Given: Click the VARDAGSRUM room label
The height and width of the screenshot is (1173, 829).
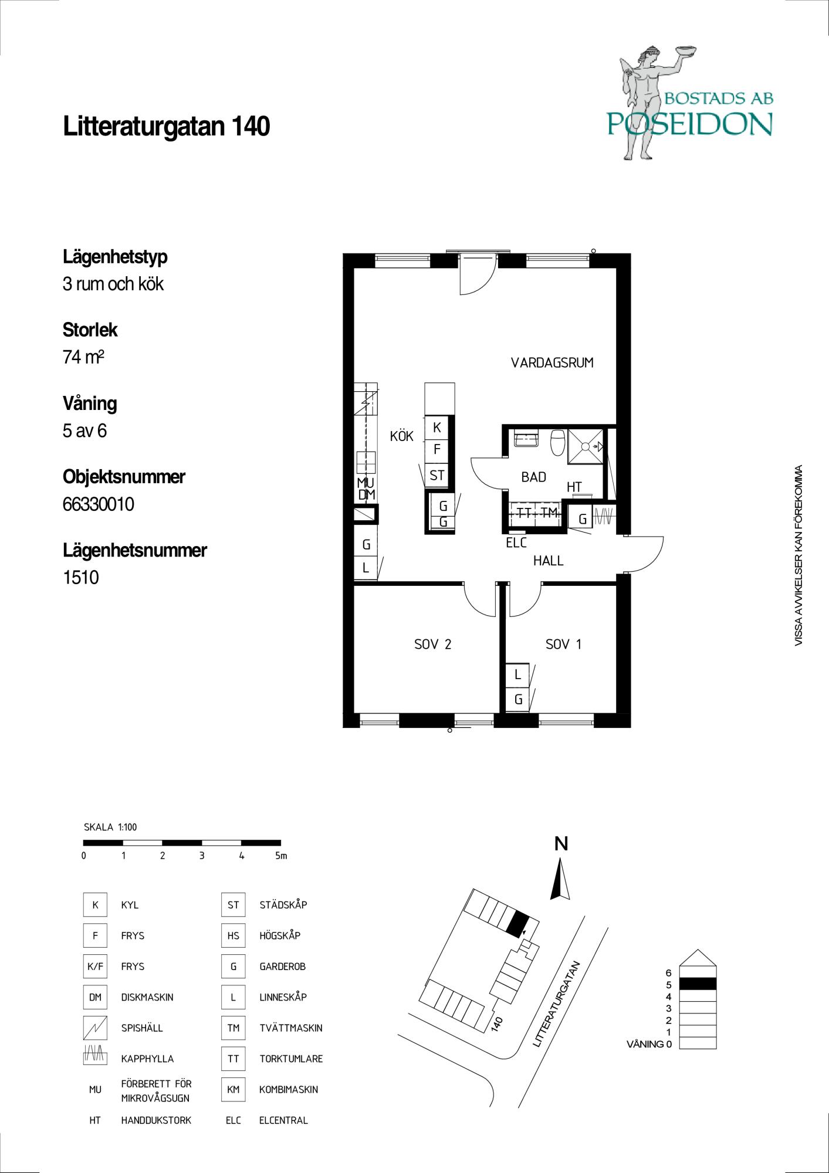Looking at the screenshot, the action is pyautogui.click(x=552, y=363).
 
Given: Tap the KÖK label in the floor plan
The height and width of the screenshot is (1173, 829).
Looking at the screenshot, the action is pyautogui.click(x=402, y=436).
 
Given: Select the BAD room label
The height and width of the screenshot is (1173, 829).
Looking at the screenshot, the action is pyautogui.click(x=534, y=477).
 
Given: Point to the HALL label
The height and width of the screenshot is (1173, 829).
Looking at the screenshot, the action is pyautogui.click(x=548, y=561).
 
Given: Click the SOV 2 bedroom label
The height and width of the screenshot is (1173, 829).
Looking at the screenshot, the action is pyautogui.click(x=433, y=645).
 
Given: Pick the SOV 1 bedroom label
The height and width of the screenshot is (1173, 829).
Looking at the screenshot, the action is pyautogui.click(x=564, y=645).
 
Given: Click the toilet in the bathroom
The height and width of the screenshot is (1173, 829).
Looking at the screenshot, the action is pyautogui.click(x=557, y=442).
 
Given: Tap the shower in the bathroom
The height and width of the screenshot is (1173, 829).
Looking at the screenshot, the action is pyautogui.click(x=586, y=446).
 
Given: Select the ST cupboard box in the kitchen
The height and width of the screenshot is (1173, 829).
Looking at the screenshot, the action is pyautogui.click(x=437, y=475).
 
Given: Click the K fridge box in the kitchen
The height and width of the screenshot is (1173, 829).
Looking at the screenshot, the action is pyautogui.click(x=437, y=428).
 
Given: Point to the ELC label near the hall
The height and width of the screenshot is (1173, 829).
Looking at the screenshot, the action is pyautogui.click(x=516, y=543).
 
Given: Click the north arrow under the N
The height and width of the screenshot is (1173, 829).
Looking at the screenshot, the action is pyautogui.click(x=560, y=879).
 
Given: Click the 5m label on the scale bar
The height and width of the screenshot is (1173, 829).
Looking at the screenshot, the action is pyautogui.click(x=281, y=856).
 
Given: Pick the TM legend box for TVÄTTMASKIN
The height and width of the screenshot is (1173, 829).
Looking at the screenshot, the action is pyautogui.click(x=233, y=1028).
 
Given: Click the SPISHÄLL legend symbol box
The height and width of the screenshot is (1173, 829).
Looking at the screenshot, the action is pyautogui.click(x=95, y=1028).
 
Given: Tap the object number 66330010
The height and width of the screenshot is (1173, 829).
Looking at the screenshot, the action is pyautogui.click(x=99, y=504).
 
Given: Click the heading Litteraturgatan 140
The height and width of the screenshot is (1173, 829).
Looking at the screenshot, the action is pyautogui.click(x=167, y=127).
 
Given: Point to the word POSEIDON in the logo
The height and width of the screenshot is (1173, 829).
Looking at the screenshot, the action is pyautogui.click(x=689, y=124).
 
